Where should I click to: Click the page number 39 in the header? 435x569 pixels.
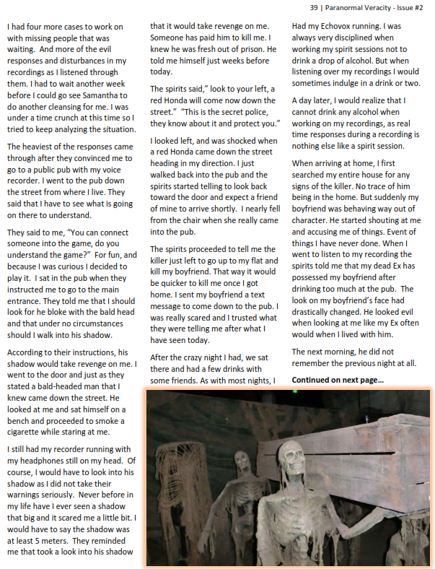point(314,8)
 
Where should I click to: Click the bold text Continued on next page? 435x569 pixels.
point(338,380)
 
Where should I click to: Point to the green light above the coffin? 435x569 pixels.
point(295,391)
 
